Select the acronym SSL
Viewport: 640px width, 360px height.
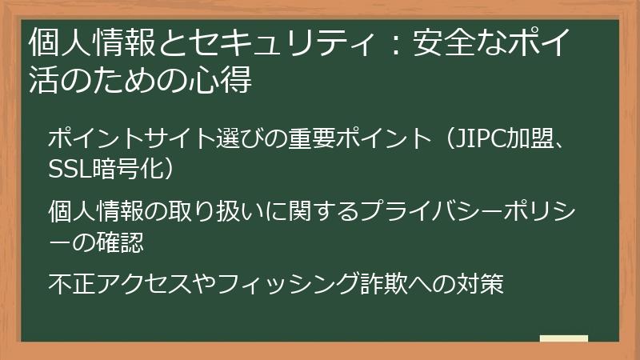click(x=70, y=170)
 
